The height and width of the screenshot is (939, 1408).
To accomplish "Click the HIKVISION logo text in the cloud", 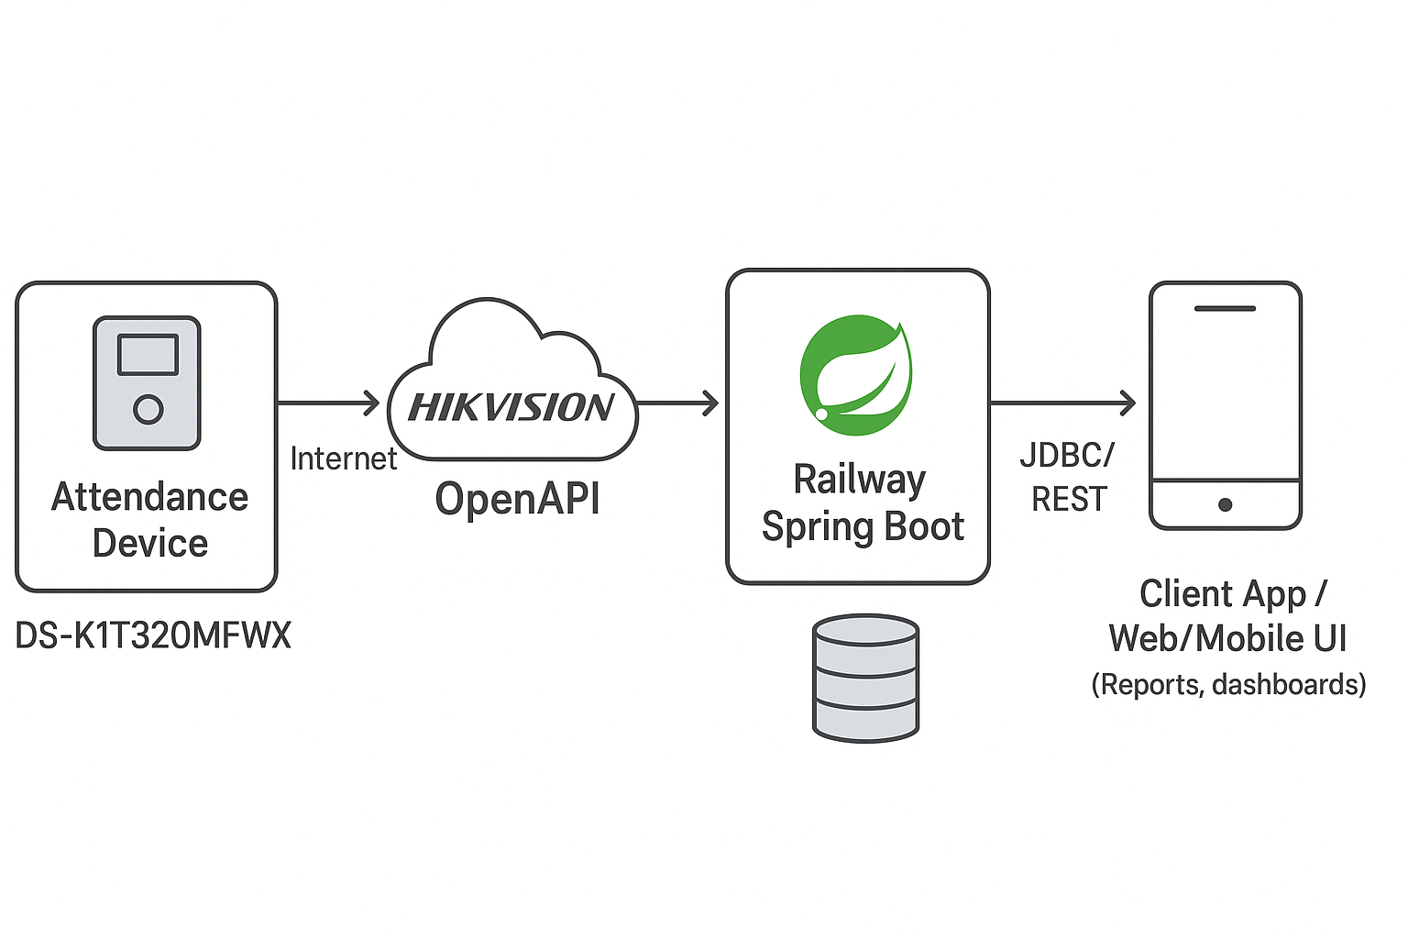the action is click(x=511, y=407).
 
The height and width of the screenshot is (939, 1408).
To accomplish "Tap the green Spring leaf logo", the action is click(x=856, y=375).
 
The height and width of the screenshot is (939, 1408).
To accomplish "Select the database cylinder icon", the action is click(x=865, y=679).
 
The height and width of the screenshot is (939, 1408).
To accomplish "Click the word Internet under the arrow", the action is click(x=343, y=458).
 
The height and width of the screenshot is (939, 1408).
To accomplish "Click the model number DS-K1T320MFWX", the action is click(x=153, y=635).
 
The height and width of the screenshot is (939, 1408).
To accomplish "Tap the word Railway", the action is click(x=859, y=481).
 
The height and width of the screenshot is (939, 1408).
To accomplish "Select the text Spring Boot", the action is click(x=863, y=527).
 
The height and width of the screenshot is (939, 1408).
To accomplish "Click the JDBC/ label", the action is click(x=1067, y=455).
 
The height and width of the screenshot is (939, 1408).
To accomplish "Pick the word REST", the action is click(x=1069, y=500).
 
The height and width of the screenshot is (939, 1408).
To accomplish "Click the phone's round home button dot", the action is click(x=1225, y=504).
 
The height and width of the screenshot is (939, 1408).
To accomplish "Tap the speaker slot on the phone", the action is click(x=1225, y=308).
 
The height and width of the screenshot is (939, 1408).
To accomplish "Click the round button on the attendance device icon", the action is click(x=148, y=409).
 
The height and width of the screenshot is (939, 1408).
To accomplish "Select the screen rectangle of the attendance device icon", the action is click(x=148, y=355).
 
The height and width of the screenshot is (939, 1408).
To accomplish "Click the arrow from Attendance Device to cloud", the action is click(x=328, y=403).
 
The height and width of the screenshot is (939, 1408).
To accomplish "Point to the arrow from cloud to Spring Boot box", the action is click(x=677, y=403).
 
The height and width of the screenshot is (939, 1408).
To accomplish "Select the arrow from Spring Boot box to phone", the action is click(x=1062, y=403).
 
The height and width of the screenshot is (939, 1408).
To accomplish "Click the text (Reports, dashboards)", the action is click(x=1229, y=685).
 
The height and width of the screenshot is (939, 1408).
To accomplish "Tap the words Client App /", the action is click(x=1233, y=593).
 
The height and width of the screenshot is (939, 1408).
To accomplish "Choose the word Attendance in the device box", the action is click(x=149, y=498).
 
